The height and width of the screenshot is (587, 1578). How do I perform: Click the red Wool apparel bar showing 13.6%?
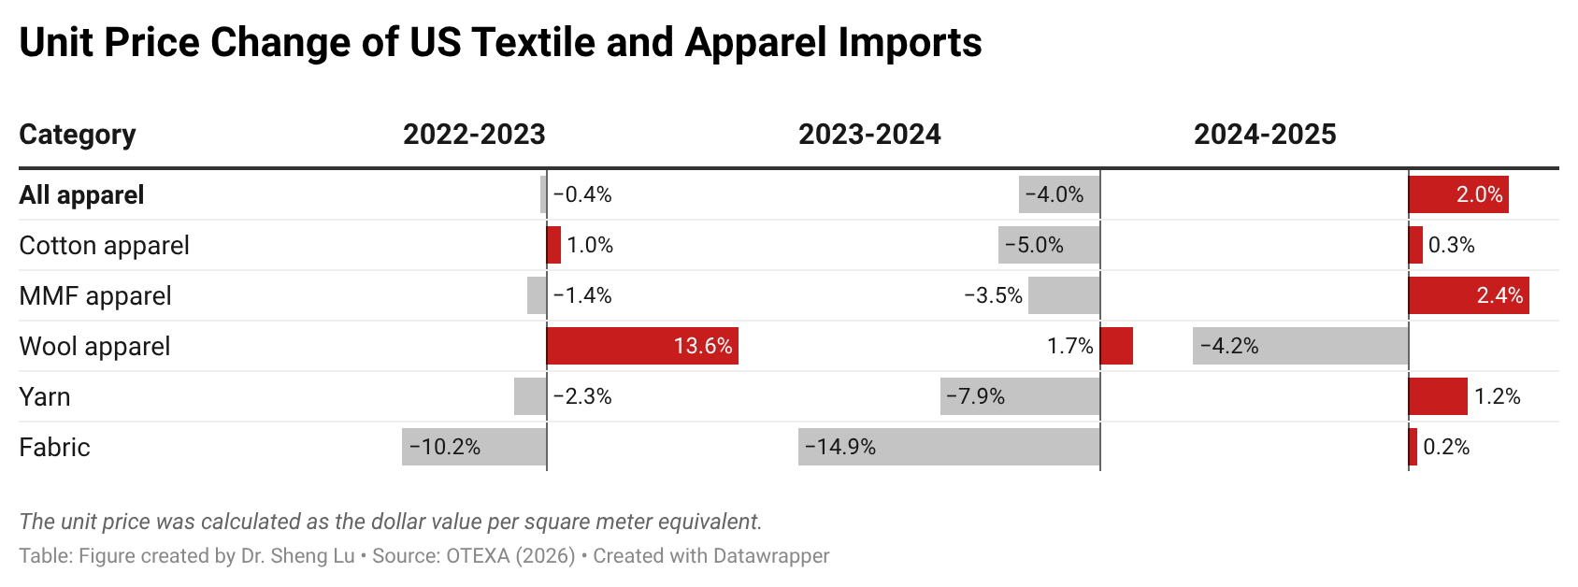642,346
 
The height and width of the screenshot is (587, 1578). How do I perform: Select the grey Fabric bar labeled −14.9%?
949,447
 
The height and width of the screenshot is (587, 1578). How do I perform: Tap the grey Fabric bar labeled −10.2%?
474,447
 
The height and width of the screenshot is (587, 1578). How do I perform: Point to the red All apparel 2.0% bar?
1458,194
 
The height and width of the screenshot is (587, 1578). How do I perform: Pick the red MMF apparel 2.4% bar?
1469,295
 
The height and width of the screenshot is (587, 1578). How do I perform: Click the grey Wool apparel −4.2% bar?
1300,346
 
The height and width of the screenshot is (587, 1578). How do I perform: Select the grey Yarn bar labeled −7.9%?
1020,396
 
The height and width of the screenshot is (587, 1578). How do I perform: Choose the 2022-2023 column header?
474,135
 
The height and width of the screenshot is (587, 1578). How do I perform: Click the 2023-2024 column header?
869,135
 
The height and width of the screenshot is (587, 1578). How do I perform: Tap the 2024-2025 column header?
1265,135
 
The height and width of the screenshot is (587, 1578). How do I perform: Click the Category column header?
78,135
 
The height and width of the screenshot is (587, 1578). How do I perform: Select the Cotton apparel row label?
104,246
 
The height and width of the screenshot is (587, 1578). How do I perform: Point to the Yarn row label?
45,397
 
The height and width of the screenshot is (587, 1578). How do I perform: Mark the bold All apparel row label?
81,195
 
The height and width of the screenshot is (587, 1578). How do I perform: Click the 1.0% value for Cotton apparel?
590,246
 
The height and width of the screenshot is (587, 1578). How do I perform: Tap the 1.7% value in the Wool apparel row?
1069,347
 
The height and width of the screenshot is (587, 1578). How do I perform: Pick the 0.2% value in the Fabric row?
1446,448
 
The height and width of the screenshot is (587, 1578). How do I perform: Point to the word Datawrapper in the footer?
770,556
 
